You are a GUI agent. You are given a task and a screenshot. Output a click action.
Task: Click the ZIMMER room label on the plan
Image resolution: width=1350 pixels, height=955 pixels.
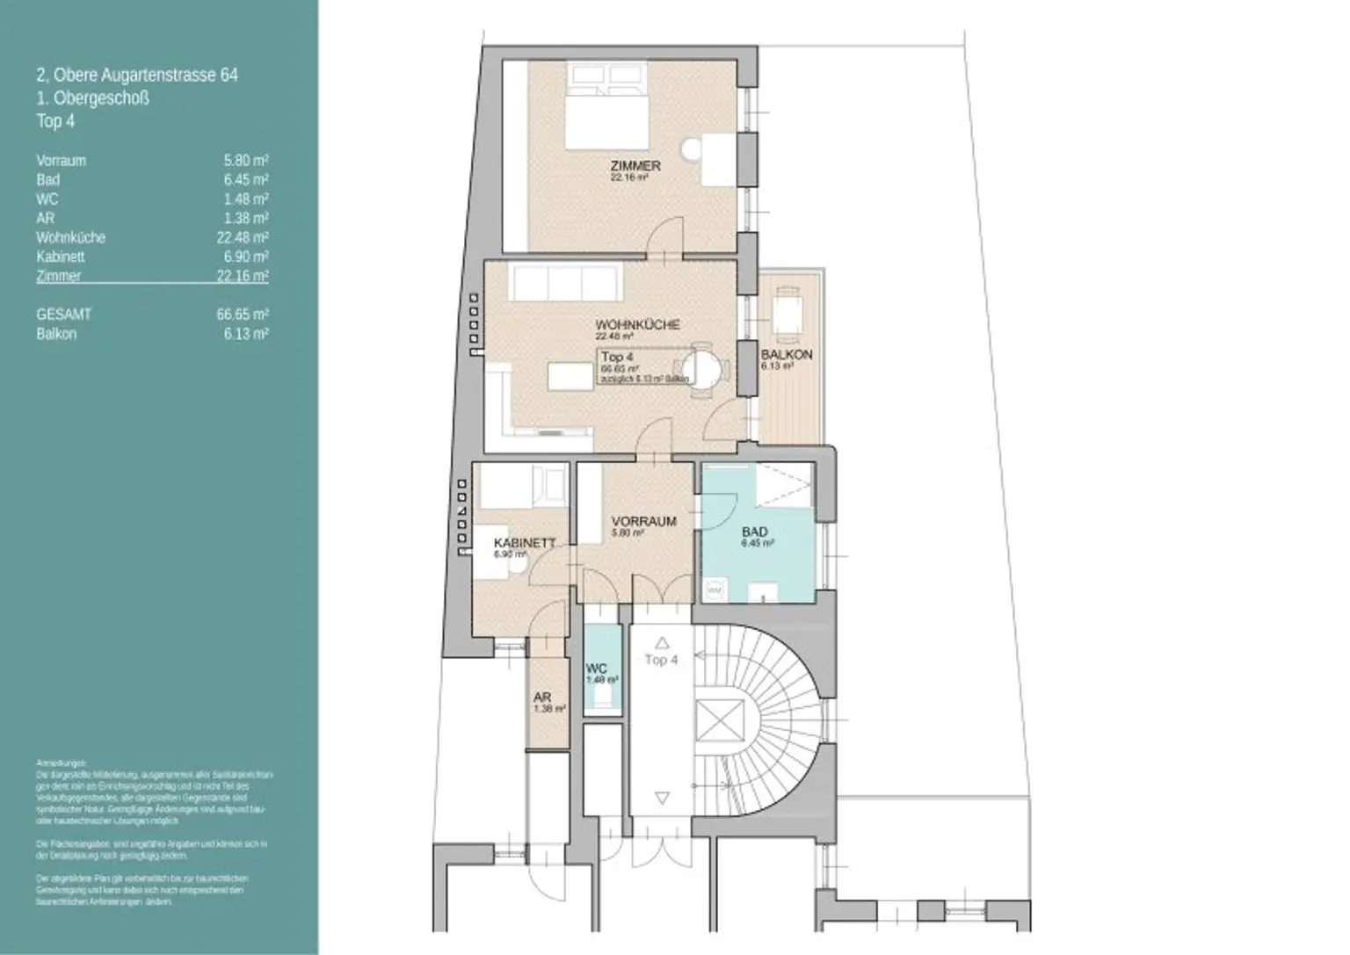coord(635,166)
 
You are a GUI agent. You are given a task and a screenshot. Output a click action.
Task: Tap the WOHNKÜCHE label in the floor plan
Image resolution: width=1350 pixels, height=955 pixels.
coord(637,325)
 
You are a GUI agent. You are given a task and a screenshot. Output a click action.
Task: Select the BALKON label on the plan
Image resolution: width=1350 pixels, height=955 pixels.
coord(786,355)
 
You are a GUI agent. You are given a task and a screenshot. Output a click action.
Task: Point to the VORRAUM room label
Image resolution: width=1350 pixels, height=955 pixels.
coord(643,521)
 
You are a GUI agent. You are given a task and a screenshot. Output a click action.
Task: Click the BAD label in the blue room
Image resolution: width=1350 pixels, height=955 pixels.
coord(754,532)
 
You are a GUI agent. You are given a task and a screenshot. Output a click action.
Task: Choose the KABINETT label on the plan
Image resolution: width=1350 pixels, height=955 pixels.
coord(524,543)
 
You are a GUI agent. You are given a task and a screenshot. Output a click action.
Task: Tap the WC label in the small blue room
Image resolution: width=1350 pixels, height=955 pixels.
coord(596,669)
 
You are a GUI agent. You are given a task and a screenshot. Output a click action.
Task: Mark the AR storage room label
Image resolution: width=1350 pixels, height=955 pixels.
coord(542,697)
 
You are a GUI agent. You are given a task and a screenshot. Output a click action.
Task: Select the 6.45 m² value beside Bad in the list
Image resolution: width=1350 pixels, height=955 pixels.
coord(246,180)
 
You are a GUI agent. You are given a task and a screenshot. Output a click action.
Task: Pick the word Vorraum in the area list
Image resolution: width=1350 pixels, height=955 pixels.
coord(61,161)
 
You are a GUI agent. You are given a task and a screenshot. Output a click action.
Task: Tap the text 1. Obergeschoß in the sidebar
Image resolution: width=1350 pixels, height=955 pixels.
coord(92,98)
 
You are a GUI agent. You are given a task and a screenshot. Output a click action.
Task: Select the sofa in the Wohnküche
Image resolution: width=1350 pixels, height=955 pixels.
coord(566,283)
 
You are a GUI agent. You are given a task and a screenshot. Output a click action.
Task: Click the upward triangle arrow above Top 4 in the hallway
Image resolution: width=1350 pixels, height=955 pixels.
coord(661,642)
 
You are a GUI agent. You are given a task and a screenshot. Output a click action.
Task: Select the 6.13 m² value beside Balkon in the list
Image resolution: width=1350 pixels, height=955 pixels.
coord(246,334)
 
